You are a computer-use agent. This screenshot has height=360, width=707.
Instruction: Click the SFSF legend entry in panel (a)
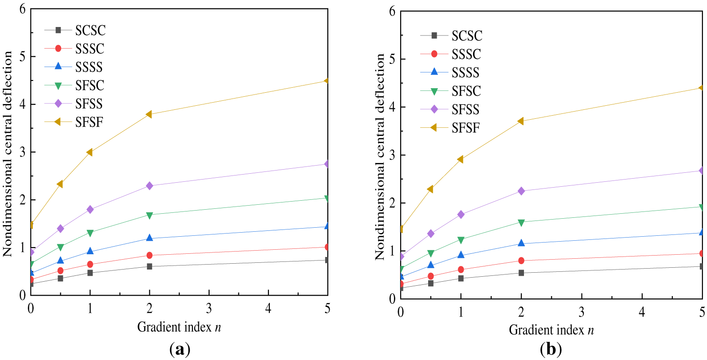click(89, 122)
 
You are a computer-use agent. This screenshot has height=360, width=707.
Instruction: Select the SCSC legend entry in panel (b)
click(466, 36)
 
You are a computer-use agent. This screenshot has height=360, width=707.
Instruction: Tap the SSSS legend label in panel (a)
click(89, 67)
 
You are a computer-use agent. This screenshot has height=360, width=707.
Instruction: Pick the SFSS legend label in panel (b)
click(465, 109)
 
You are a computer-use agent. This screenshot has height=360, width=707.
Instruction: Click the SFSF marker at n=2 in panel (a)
click(149, 114)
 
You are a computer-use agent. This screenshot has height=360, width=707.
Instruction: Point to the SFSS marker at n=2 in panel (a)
click(149, 186)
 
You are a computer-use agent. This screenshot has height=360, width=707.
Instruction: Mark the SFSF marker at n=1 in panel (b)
click(461, 159)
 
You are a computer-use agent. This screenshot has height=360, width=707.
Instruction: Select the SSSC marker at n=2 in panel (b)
click(521, 261)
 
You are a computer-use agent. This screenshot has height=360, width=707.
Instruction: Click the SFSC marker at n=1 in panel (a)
click(90, 233)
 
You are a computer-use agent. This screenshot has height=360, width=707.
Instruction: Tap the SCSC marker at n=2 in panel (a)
click(149, 266)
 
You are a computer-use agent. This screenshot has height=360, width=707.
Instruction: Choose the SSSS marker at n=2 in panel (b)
click(521, 243)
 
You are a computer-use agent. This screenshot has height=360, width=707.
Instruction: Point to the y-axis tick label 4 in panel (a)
click(22, 104)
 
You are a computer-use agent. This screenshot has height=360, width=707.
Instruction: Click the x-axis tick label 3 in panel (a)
click(209, 308)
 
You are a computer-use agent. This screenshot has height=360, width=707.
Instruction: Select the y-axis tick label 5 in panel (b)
click(392, 59)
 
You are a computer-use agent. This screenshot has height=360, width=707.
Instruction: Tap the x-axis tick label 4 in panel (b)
click(642, 311)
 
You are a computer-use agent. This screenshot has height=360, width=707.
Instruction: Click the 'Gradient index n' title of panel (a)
click(179, 327)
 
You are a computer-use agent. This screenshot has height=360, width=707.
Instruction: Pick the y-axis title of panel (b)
click(380, 156)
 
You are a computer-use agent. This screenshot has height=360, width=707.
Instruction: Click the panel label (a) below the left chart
click(180, 349)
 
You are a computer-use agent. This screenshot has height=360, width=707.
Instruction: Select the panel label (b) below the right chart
click(551, 349)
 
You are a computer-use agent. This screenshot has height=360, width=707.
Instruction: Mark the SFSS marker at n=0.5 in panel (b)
click(431, 234)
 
